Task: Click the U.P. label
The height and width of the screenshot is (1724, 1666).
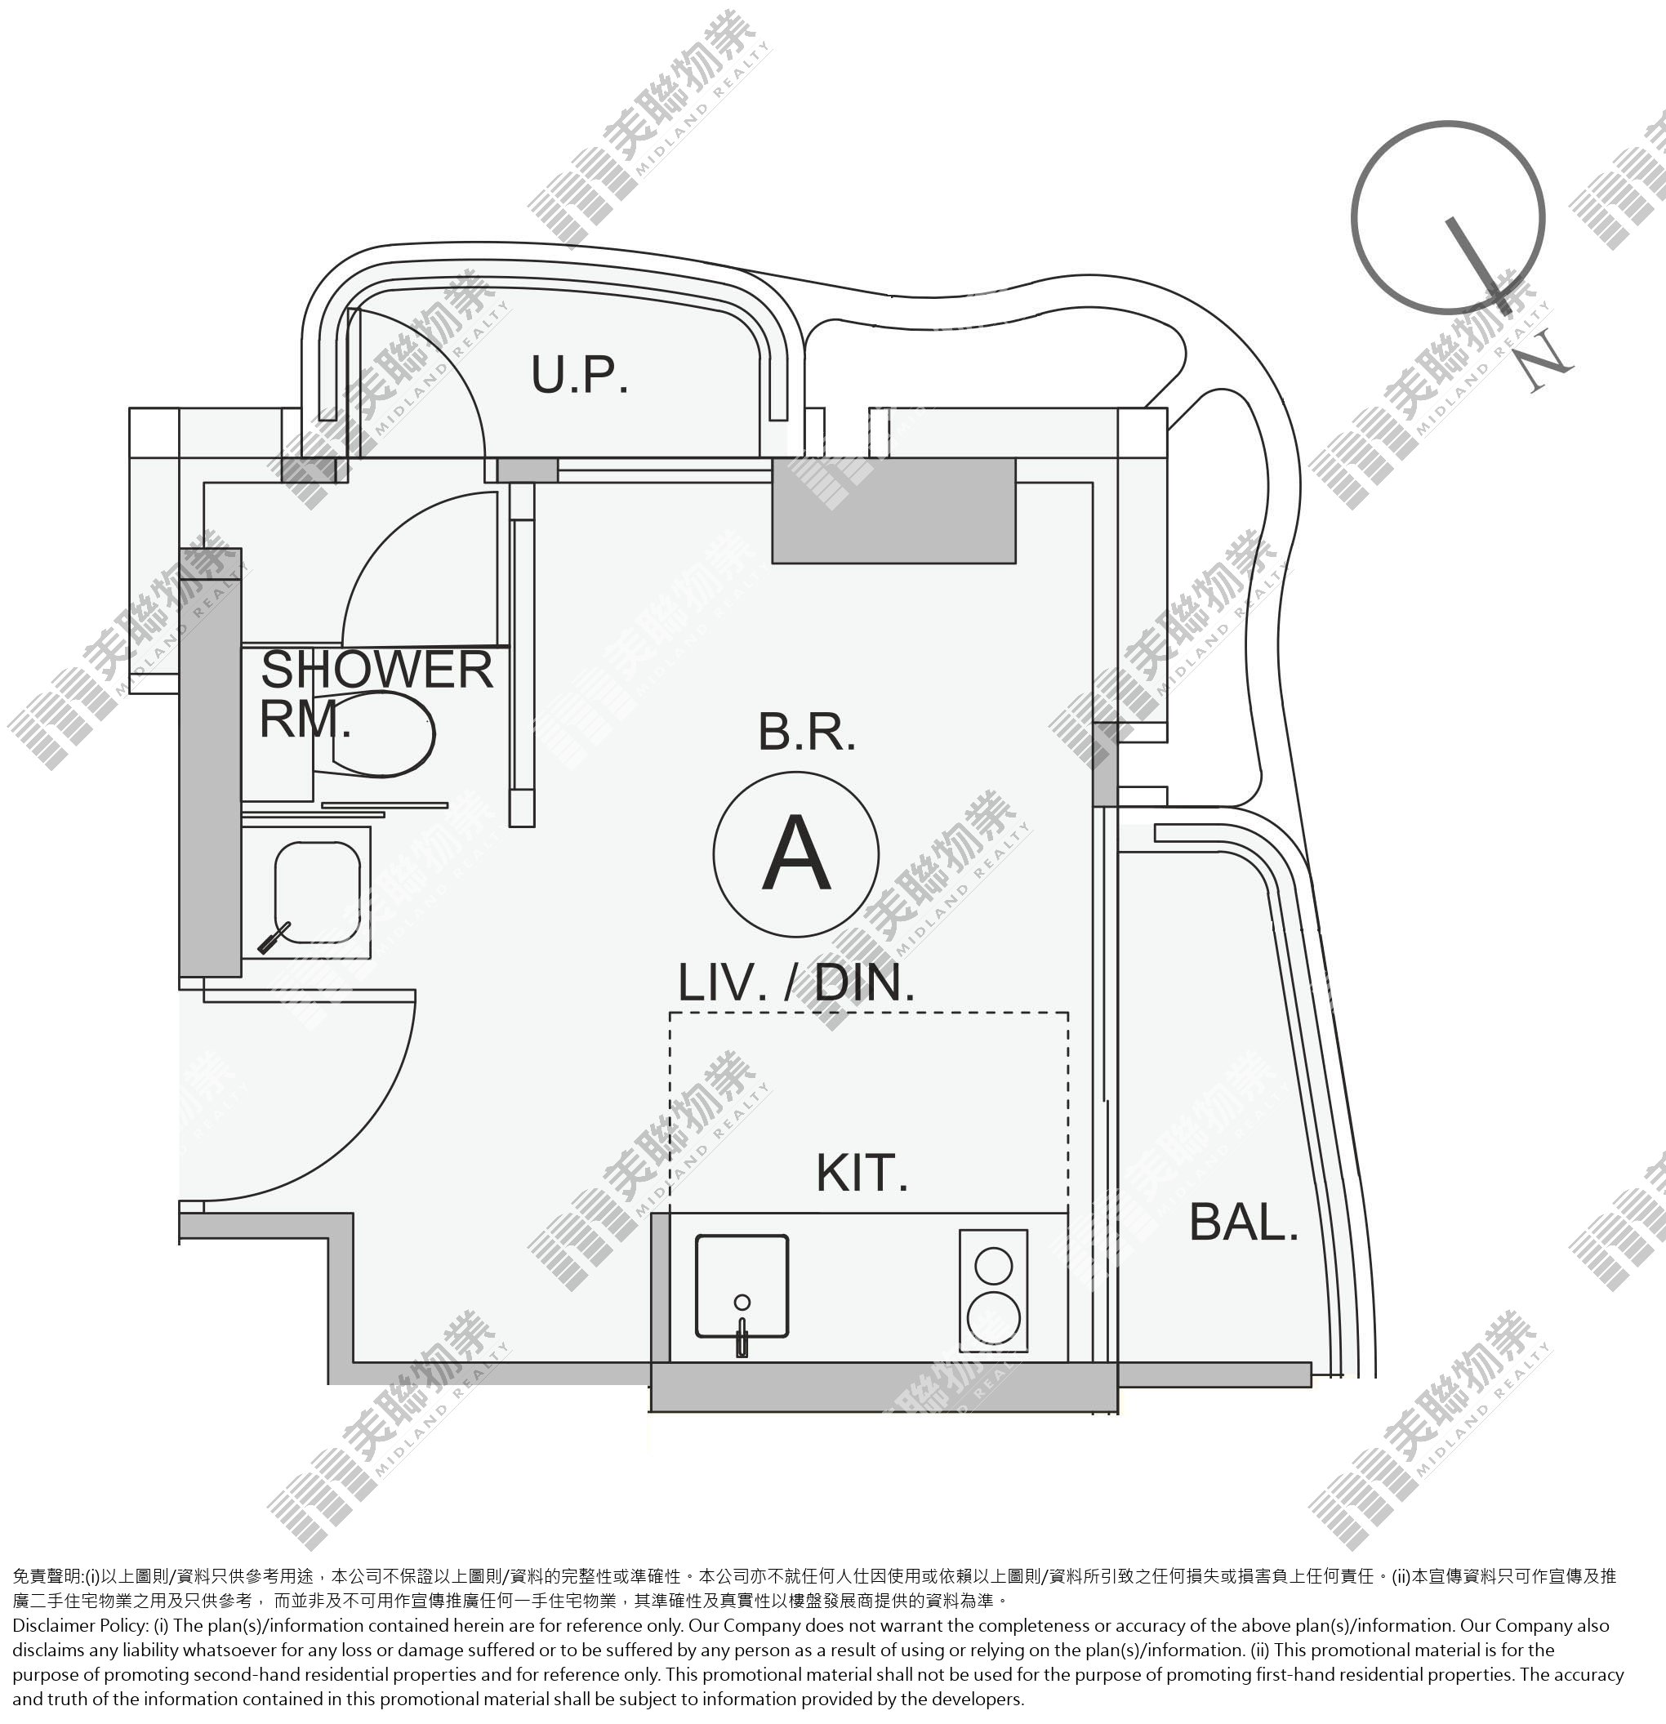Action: click(580, 375)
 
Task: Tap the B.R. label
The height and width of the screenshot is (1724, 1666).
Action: click(807, 733)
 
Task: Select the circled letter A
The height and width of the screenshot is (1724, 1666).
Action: click(796, 853)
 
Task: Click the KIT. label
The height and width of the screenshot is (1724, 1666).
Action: click(861, 1173)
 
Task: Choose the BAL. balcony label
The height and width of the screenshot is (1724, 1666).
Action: click(1244, 1223)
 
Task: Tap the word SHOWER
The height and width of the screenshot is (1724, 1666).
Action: click(376, 670)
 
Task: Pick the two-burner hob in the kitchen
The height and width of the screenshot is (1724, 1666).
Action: click(993, 1291)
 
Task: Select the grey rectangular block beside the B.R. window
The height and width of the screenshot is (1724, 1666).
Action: click(893, 510)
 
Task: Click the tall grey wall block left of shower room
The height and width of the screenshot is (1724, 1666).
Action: click(210, 762)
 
